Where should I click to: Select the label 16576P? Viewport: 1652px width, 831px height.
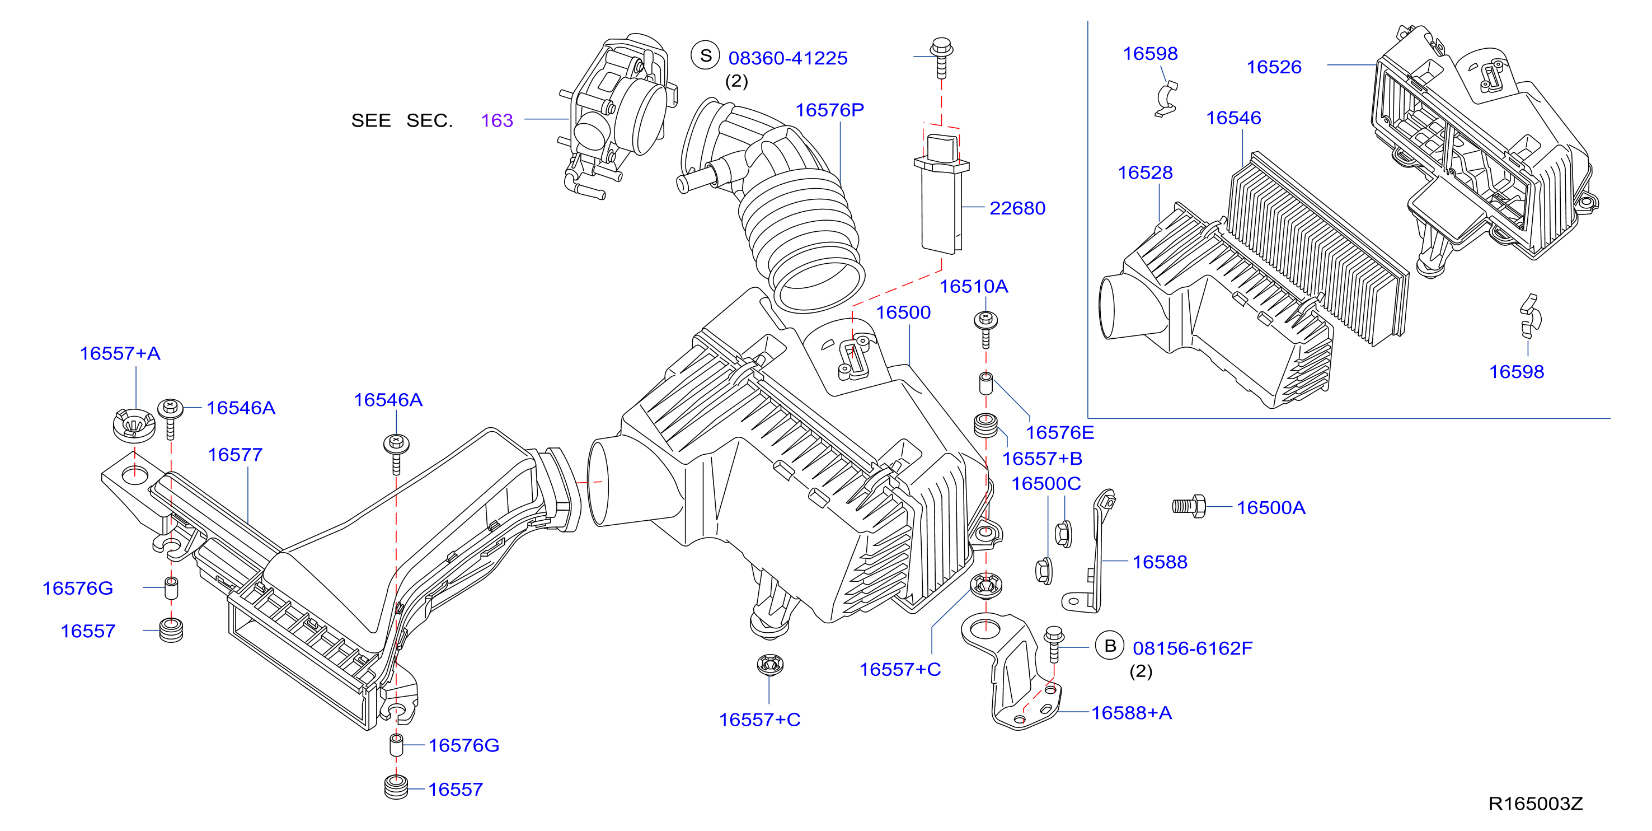point(830,110)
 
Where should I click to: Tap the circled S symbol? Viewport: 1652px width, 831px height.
point(706,55)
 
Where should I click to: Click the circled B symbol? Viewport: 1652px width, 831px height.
point(1110,646)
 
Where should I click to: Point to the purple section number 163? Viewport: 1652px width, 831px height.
point(497,120)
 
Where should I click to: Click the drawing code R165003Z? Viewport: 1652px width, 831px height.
point(1535,804)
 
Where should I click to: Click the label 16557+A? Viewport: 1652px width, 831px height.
point(120,353)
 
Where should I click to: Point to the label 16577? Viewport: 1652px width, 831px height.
point(234,455)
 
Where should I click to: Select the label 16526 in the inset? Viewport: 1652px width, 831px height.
point(1274,67)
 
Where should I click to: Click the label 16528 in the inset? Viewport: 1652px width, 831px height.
point(1145,172)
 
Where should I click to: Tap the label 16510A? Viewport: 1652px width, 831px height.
point(974,286)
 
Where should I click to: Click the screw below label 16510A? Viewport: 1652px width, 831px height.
point(985,329)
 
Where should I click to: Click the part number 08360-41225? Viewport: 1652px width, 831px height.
point(787,58)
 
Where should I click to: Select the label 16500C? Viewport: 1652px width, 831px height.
point(1046,483)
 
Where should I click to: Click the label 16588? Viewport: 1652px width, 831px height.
point(1160,562)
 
